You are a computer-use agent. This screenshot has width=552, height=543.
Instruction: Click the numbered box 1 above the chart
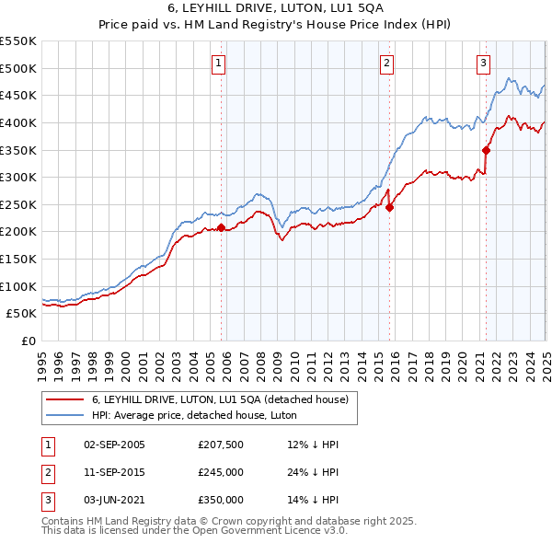219,64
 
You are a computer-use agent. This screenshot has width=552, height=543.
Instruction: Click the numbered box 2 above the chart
387,64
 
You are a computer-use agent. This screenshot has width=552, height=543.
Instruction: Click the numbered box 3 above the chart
483,64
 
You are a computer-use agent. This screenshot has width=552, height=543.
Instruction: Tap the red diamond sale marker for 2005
221,227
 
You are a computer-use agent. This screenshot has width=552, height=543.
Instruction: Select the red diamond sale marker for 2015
389,207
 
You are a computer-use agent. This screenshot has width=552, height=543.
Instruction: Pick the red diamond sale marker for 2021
486,150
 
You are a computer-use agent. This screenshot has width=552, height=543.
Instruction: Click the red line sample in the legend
66,400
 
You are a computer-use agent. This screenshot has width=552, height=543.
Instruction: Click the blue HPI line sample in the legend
66,415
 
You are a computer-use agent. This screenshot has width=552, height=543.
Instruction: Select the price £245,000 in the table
221,472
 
